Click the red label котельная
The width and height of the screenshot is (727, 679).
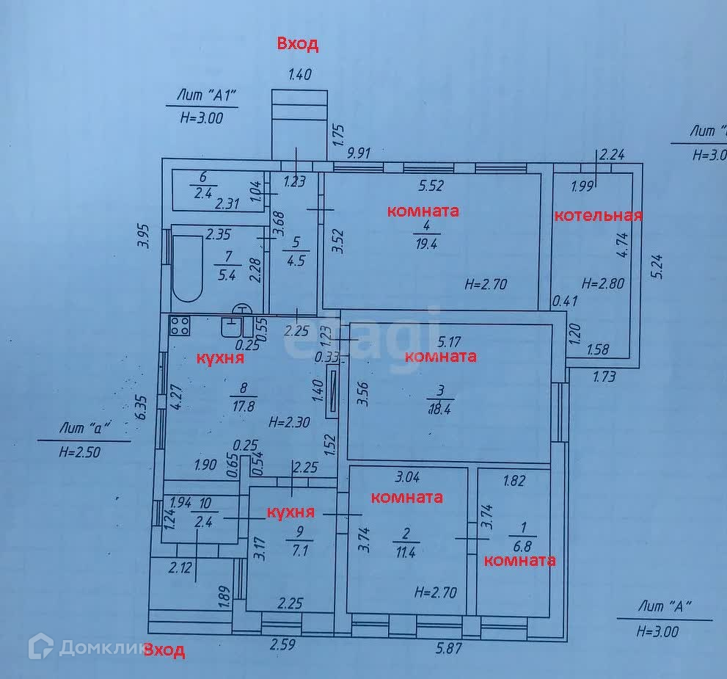(598, 216)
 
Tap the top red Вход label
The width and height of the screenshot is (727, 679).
(298, 44)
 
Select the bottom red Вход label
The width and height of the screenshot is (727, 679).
(164, 650)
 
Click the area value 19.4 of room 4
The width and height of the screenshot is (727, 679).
(425, 245)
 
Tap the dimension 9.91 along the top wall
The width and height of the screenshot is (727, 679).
(359, 153)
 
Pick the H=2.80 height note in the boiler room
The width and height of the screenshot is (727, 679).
(604, 283)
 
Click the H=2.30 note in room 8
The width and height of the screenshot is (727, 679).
(290, 422)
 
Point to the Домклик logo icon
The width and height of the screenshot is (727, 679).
(40, 646)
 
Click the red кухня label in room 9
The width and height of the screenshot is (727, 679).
(291, 512)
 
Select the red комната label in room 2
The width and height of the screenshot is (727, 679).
(407, 497)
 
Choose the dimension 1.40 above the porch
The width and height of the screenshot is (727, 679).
(300, 74)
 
